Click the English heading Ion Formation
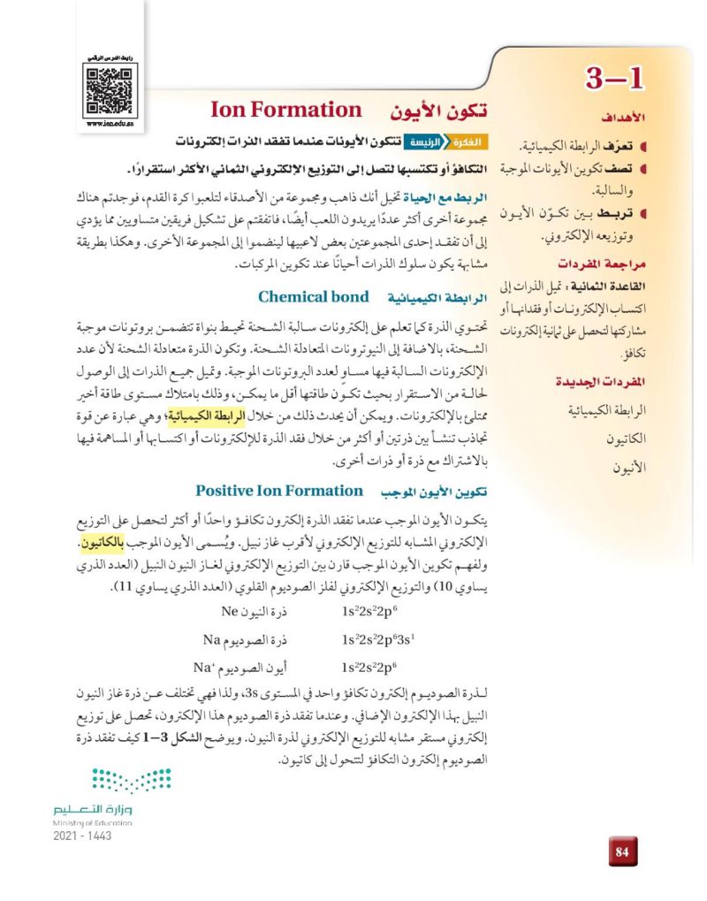pos(285,111)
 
